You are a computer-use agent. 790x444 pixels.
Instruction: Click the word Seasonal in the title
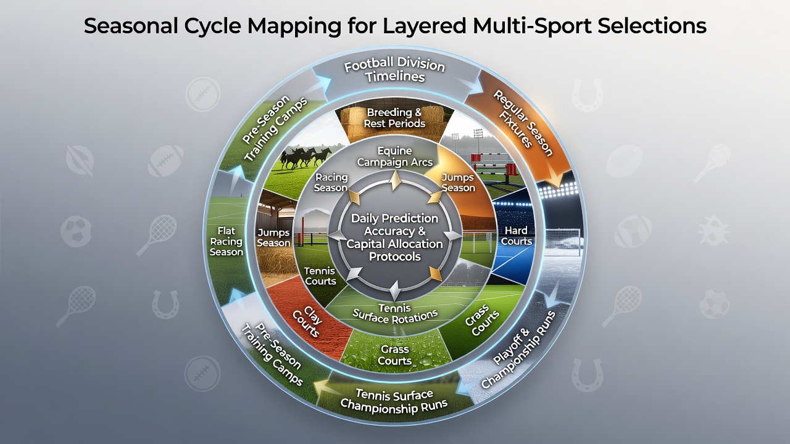click(131, 26)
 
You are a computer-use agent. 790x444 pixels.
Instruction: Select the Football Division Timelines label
click(394, 70)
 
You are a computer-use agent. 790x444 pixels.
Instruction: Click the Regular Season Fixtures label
click(522, 123)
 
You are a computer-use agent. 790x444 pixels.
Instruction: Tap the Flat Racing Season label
click(226, 241)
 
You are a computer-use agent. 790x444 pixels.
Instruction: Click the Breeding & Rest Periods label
click(394, 118)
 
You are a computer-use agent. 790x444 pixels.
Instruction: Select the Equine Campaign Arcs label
click(394, 157)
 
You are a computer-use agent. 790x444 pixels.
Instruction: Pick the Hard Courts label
click(517, 236)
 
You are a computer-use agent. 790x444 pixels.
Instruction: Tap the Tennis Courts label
click(320, 276)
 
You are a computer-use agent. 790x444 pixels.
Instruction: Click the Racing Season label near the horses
click(331, 183)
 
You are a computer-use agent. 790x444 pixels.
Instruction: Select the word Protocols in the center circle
click(394, 257)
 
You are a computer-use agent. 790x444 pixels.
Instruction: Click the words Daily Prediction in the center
click(394, 218)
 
